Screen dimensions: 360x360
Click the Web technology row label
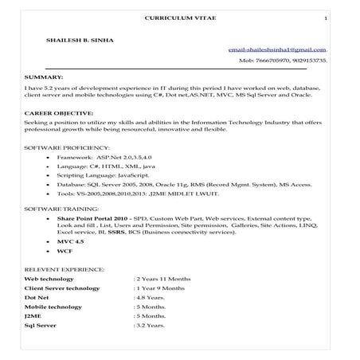[49, 280]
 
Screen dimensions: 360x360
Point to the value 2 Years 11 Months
[164, 280]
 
